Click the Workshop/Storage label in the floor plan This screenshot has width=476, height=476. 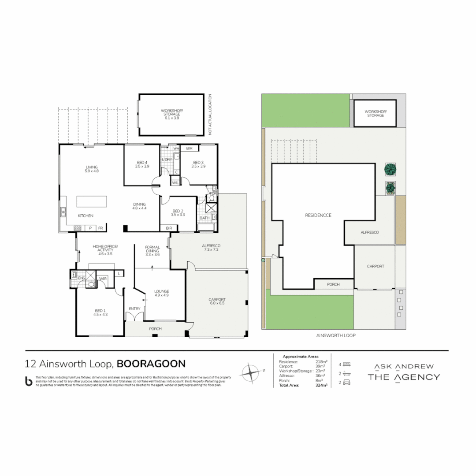[x=171, y=114]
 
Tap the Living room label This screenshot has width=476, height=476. [x=92, y=169]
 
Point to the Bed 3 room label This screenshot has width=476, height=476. [x=197, y=164]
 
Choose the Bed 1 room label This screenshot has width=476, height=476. [x=100, y=312]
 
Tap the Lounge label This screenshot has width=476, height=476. [x=161, y=293]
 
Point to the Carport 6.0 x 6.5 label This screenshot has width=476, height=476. [x=216, y=301]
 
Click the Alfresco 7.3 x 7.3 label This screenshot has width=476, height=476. [x=211, y=247]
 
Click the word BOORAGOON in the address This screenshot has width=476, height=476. [x=151, y=364]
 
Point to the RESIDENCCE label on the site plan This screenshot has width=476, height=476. [x=318, y=215]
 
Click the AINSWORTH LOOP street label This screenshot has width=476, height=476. [x=335, y=335]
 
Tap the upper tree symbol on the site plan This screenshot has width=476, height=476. [x=389, y=169]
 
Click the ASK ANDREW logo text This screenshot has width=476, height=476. [x=404, y=366]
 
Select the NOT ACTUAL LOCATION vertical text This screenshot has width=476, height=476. [x=211, y=114]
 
